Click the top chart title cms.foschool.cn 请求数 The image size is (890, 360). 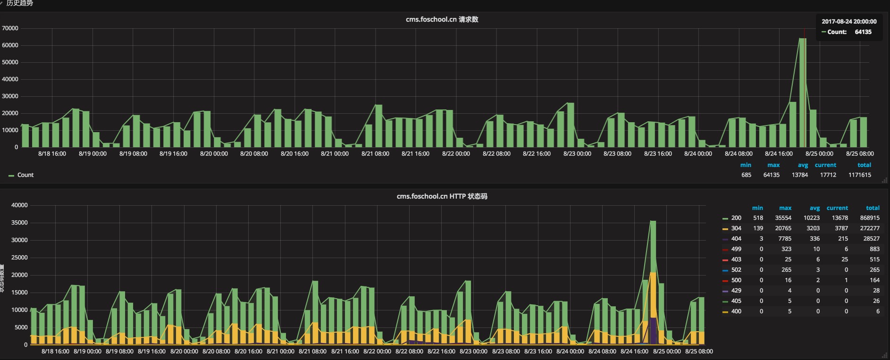442,19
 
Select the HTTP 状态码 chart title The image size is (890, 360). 442,196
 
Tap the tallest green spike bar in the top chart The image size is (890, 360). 802,94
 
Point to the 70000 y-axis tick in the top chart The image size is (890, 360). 10,28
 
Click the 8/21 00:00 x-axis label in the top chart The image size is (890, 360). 335,154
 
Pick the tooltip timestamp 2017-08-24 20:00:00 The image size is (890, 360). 849,22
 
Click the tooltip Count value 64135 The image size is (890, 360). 863,32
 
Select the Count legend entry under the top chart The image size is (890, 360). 25,175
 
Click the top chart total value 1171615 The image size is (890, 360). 859,175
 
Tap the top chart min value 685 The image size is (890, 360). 746,175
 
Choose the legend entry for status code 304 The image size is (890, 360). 736,228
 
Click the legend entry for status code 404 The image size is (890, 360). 736,239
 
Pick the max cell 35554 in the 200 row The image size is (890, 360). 783,218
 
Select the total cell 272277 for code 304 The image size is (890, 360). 869,228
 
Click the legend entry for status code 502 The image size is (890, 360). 736,270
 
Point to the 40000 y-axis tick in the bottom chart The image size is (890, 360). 19,205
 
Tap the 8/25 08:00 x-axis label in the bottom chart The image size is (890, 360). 699,352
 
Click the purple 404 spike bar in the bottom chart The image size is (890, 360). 653,330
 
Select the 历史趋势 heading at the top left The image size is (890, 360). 20,3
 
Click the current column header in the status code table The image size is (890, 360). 837,208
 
